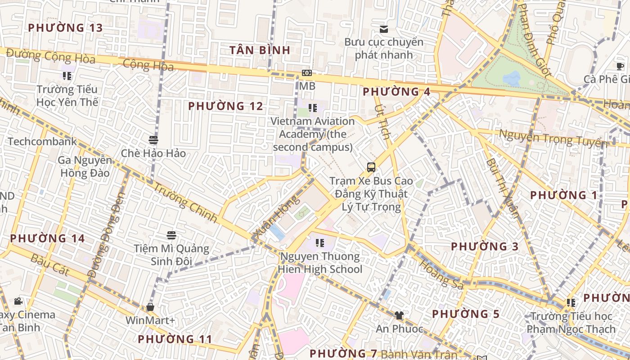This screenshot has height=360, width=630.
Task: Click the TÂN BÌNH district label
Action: click(260, 50)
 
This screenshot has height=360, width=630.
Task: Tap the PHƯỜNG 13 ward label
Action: click(65, 28)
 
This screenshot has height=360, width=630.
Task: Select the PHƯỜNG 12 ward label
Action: click(225, 106)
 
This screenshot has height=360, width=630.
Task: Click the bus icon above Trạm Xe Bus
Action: click(371, 167)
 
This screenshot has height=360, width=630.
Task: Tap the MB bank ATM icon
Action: click(307, 73)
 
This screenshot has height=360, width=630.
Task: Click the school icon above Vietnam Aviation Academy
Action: click(313, 108)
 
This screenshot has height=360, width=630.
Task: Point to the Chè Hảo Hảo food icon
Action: click(153, 140)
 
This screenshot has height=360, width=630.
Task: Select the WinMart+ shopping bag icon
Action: click(150, 307)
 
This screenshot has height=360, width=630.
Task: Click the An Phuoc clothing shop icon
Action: click(399, 315)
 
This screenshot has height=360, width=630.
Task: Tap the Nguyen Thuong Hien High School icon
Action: click(320, 243)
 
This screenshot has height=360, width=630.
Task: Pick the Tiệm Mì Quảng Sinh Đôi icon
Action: click(171, 235)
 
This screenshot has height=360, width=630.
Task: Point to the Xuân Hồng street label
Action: click(276, 216)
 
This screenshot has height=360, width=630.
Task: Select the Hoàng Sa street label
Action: click(441, 274)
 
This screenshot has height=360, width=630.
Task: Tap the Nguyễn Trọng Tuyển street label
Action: click(553, 139)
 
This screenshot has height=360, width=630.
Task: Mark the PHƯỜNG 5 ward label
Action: click(466, 314)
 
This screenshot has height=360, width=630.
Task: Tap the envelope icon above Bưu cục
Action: click(384, 29)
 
